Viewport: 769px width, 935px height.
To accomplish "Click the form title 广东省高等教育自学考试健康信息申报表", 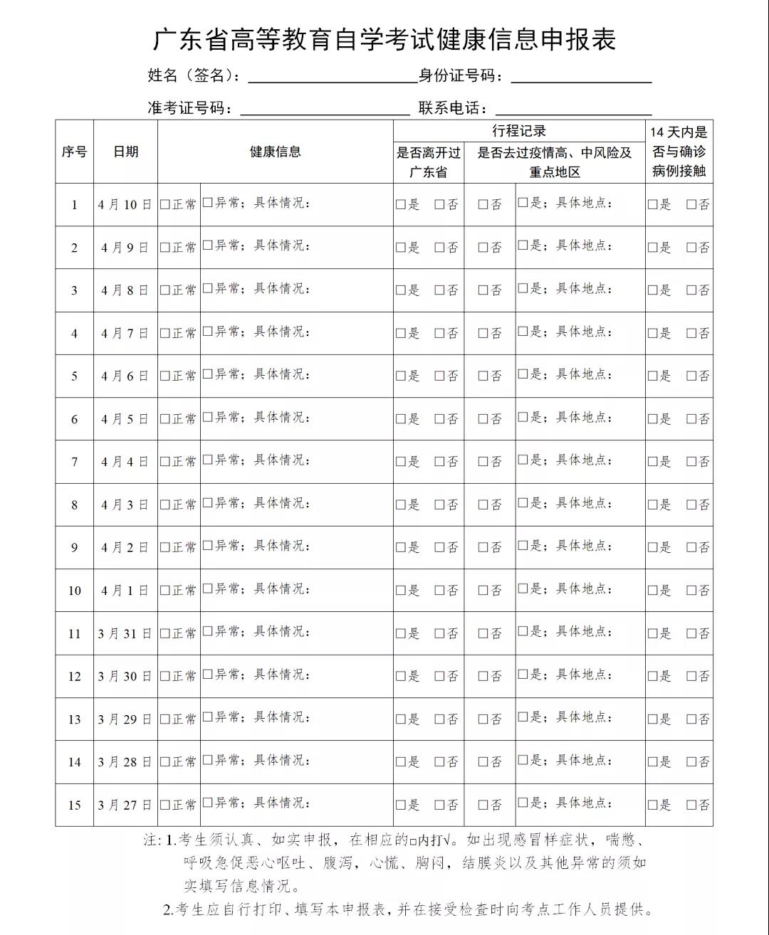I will (384, 40).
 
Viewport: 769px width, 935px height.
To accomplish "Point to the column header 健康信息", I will (275, 152).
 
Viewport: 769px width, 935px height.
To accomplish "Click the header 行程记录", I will (519, 131).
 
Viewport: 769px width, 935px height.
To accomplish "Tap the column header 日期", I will (125, 152).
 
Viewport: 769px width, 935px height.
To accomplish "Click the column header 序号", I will (74, 152).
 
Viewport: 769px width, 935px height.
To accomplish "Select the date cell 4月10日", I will (125, 205).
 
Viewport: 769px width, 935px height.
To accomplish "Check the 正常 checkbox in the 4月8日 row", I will (165, 290).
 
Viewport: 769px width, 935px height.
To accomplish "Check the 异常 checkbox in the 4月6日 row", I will (208, 374).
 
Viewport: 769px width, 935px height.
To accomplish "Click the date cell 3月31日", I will (125, 633).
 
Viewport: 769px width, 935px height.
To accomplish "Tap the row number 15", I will (74, 805).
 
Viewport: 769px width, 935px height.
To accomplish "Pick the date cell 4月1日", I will (125, 591).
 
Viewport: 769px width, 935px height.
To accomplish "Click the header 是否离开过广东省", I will (429, 162).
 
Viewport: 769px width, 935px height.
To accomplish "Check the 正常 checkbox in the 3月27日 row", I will (165, 805).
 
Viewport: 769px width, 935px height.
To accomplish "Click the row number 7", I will (74, 462).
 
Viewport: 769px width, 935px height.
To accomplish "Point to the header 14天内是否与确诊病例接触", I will (679, 152).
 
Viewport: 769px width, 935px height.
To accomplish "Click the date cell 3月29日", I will (125, 719).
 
